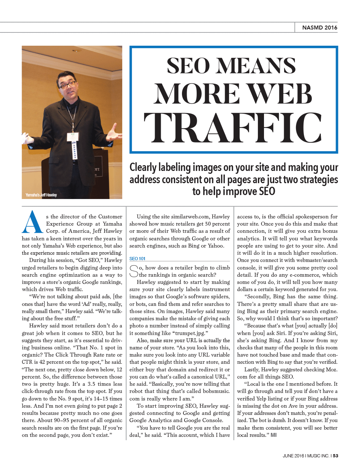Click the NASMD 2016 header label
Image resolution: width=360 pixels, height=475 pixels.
[319, 27]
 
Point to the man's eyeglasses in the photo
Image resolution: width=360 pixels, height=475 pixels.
[67, 85]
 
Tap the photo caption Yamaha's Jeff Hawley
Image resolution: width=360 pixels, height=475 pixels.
[41, 195]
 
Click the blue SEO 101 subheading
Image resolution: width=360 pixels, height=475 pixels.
[137, 258]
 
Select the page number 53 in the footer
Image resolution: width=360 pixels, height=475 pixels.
[335, 456]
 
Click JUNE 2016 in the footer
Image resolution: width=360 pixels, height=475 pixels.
[293, 456]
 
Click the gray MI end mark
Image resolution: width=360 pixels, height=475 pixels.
[274, 435]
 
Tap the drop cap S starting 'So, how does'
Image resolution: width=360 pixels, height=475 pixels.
[134, 271]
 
